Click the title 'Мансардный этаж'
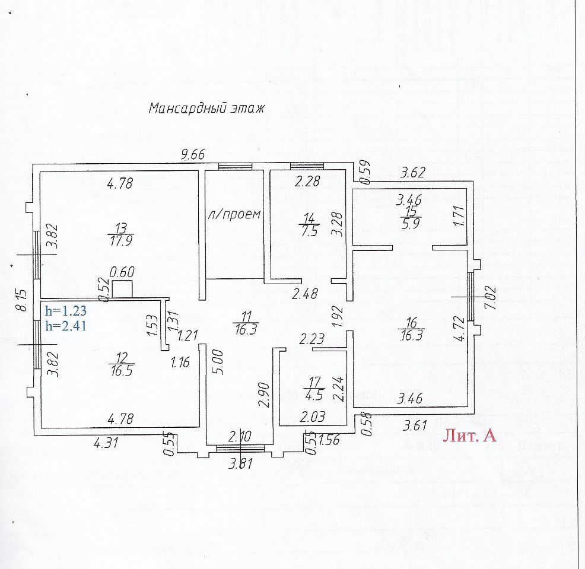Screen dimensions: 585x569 tap(205, 109)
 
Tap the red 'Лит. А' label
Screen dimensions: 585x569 tap(469, 437)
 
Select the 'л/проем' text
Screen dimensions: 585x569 tap(234, 214)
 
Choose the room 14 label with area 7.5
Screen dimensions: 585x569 tap(309, 226)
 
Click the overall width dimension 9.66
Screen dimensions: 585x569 tap(193, 155)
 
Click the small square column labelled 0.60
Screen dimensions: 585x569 tap(122, 289)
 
